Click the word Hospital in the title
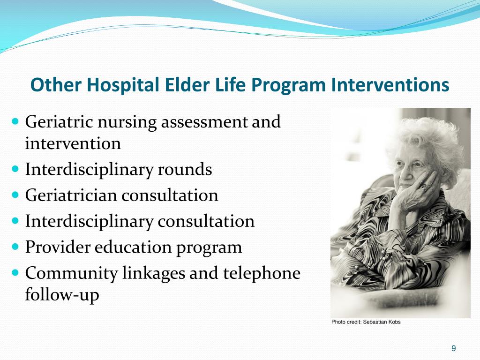[x=126, y=85]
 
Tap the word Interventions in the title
[x=390, y=85]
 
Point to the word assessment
[x=204, y=122]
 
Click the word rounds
[x=185, y=169]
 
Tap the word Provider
[x=58, y=247]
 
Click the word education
[x=133, y=247]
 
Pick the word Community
[x=71, y=273]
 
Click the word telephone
[x=262, y=273]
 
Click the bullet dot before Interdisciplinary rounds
[x=15, y=168]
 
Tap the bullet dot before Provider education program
[x=15, y=246]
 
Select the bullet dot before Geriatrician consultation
[x=15, y=194]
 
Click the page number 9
[x=454, y=348]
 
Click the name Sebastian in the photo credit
[x=373, y=322]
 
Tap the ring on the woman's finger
[x=423, y=186]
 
